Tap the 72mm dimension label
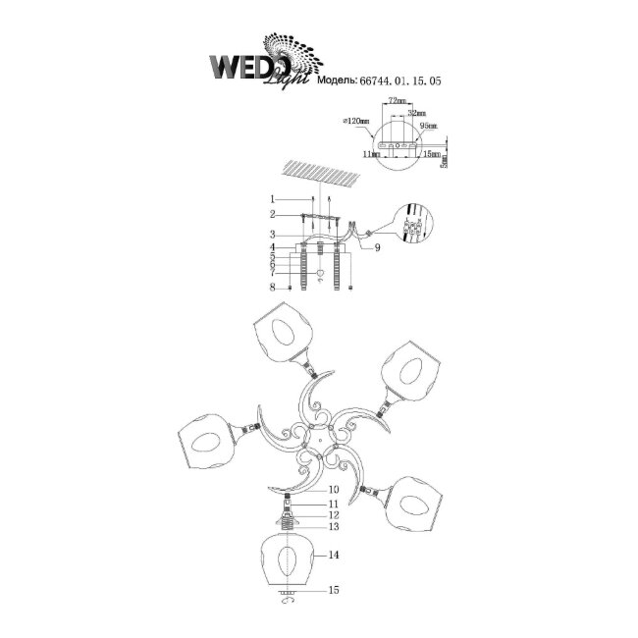point(397,102)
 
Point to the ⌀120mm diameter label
point(356,122)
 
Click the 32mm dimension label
point(415,113)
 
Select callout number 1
point(277,200)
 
